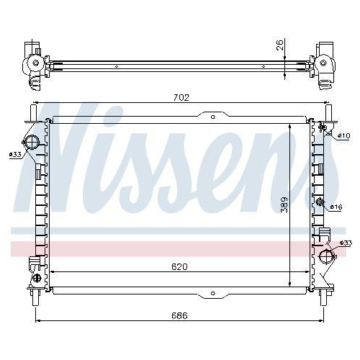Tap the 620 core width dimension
click(179, 266)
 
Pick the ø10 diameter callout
click(343, 135)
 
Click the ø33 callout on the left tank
click(14, 154)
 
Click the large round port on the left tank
click(31, 141)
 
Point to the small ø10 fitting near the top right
click(323, 130)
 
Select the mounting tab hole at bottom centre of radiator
click(211, 294)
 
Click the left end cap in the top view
click(32, 65)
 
